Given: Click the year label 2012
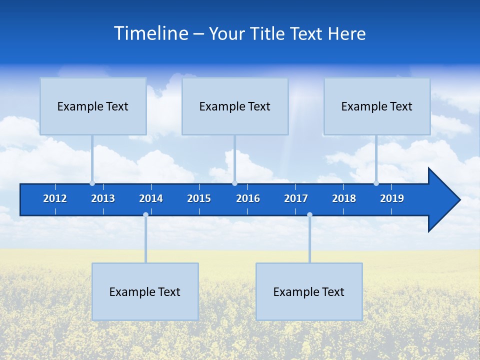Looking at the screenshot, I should pos(55,198).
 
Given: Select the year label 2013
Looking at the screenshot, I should pos(103,198).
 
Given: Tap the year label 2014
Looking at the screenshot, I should pos(151,198).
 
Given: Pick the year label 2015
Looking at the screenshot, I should pos(199,198).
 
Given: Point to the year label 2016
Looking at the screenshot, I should pos(248,198).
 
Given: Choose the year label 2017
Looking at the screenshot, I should pos(296,198).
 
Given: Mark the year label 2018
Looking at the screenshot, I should pos(344,198).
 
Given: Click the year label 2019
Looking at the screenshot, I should pos(392,198).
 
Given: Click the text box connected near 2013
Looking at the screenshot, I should pos(93,106).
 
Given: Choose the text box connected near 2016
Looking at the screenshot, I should pos(235,106).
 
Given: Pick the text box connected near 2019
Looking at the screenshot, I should pos(377,106).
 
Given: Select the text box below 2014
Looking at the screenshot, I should pos(145,291).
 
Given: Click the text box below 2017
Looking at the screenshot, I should pos(309,291).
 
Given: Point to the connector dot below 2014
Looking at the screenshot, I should pos(145,215).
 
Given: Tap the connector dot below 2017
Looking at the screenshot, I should pos(309,215).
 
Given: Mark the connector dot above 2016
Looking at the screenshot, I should pos(234,183).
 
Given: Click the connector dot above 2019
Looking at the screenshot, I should pos(376,183).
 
